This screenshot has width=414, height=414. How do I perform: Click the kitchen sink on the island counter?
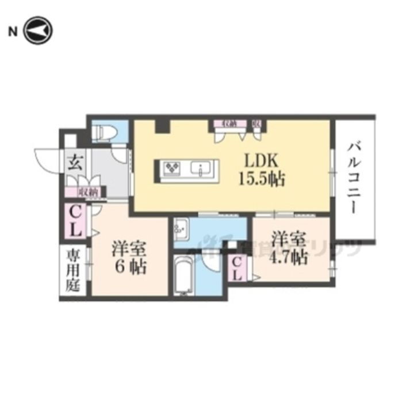(x=203, y=169)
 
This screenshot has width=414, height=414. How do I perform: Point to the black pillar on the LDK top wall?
(x=162, y=124)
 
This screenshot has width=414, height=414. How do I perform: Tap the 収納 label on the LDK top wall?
(x=225, y=122)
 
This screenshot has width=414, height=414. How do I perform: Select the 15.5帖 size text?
(x=262, y=179)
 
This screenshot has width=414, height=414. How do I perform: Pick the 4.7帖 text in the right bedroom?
(x=289, y=257)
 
